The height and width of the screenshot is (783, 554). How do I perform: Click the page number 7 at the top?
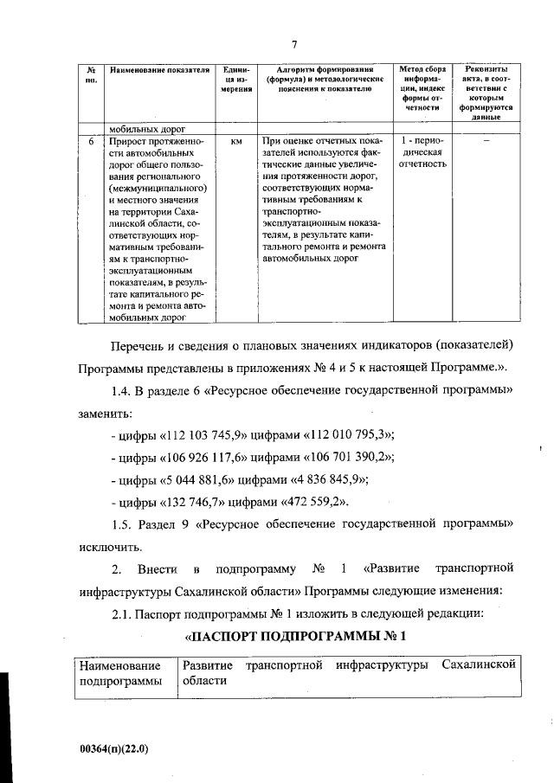click(x=294, y=44)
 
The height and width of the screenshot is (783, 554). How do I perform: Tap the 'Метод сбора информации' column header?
click(x=423, y=87)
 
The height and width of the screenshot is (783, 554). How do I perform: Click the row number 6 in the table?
click(x=91, y=139)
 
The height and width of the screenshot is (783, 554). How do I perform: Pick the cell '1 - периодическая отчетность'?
click(x=423, y=151)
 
